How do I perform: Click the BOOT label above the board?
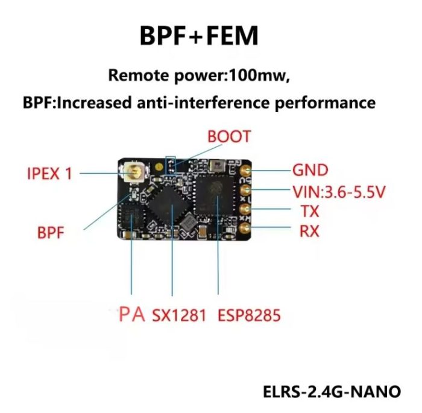point(228,136)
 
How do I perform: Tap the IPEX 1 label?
point(49,174)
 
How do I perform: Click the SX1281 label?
point(180,315)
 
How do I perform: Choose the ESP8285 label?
point(250,315)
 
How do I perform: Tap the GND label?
point(310,169)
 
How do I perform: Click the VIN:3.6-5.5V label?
point(339,192)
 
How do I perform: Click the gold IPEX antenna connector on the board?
point(132,174)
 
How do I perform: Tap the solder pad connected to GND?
point(246,172)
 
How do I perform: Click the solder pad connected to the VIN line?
point(246,192)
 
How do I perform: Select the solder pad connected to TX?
point(246,210)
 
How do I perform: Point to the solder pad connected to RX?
point(246,229)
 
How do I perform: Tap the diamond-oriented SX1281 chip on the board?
point(172,207)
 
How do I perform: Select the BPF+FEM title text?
point(199,36)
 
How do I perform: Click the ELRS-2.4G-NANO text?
point(332,391)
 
